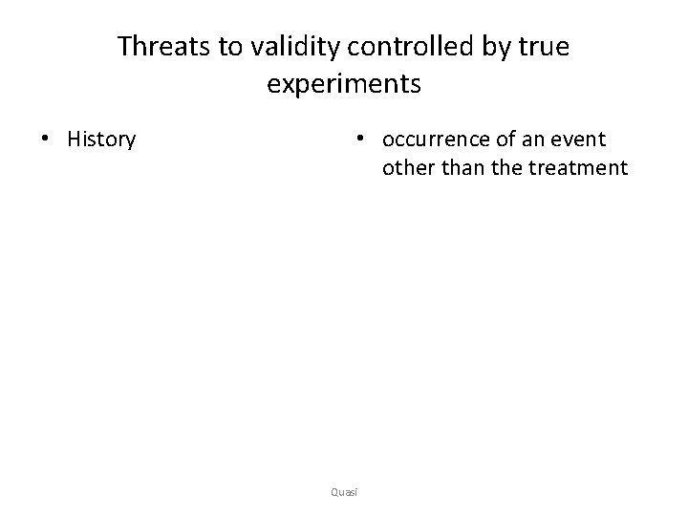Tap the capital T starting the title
(123, 47)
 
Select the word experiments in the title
(344, 84)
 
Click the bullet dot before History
(45, 140)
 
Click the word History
(101, 140)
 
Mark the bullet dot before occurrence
(359, 140)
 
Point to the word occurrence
(436, 140)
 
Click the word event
(582, 140)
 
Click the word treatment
(581, 169)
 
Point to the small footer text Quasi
(343, 491)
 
